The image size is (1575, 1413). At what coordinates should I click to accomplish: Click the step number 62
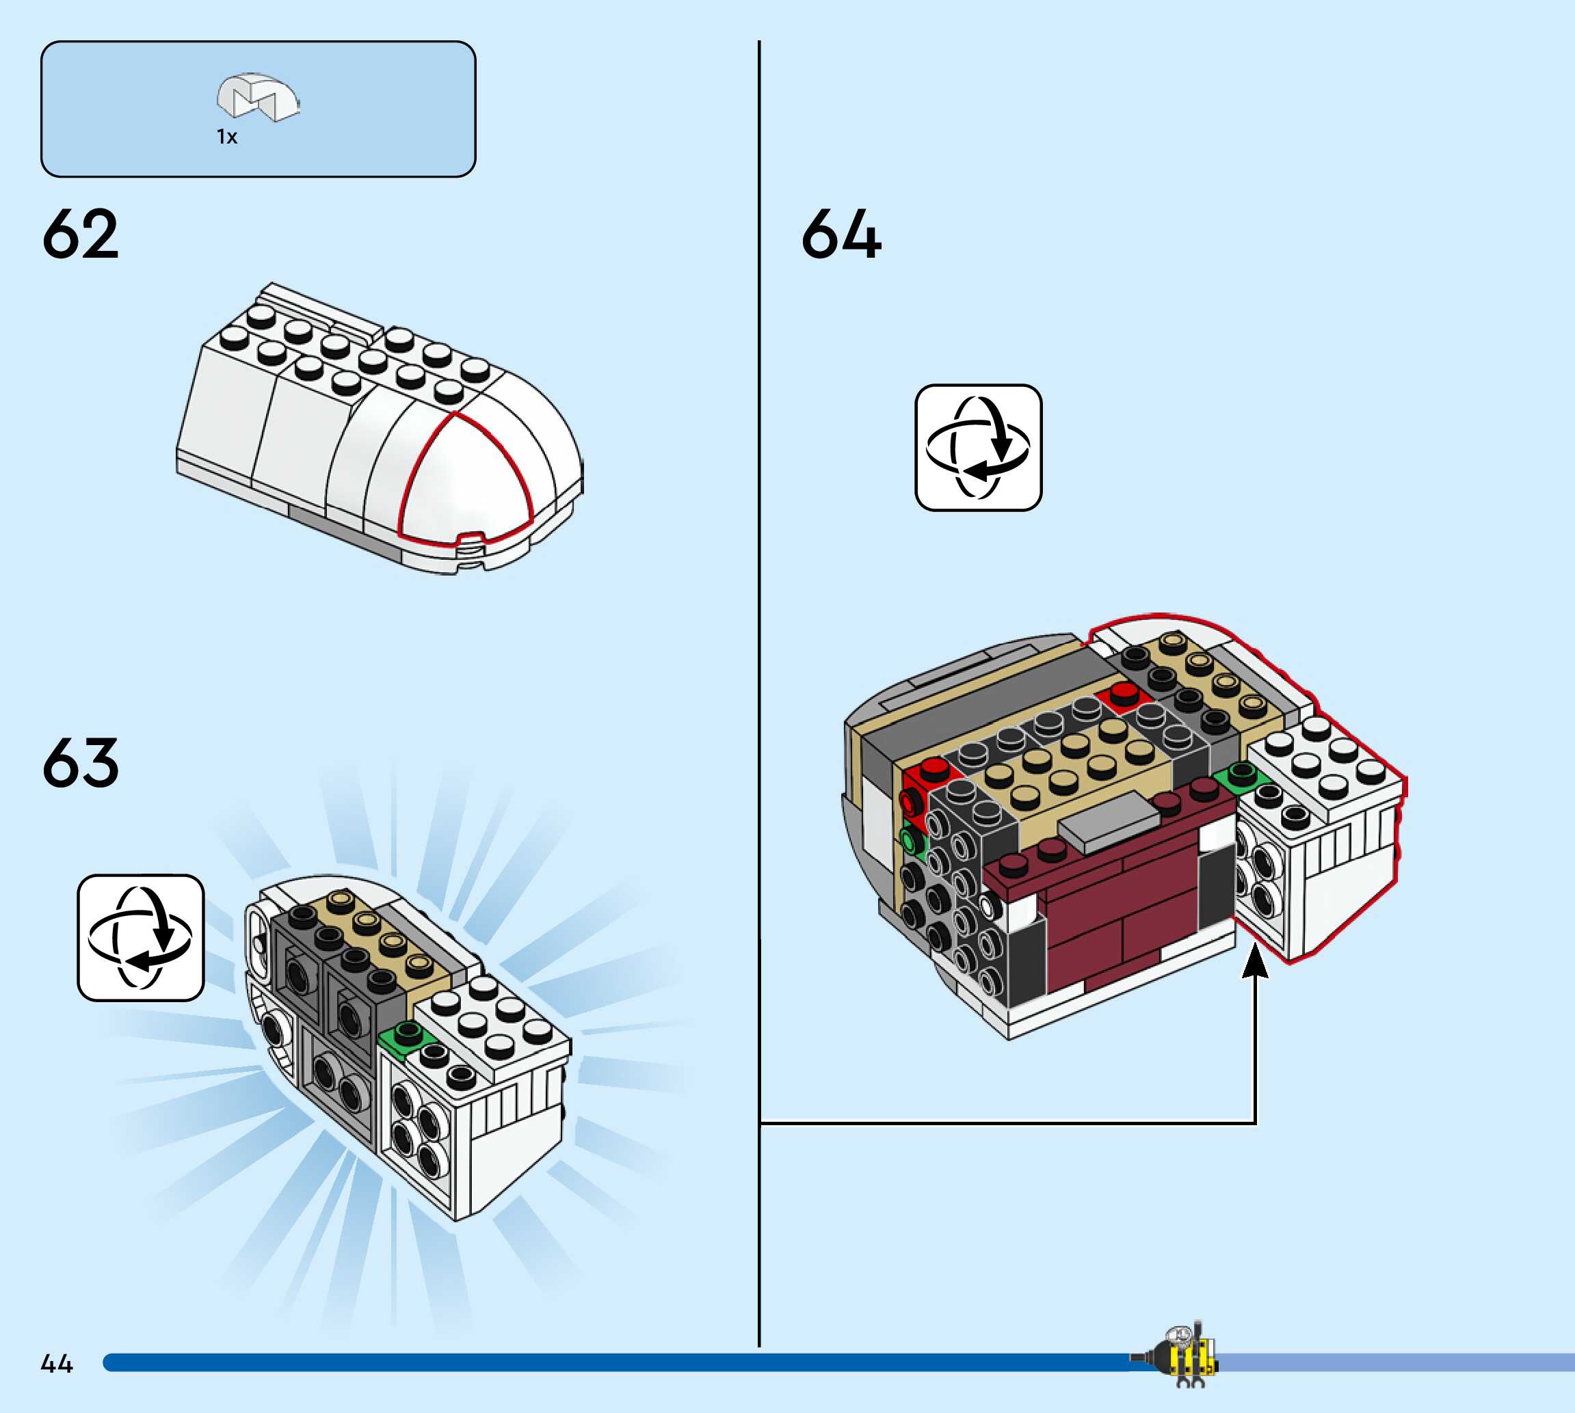point(81,234)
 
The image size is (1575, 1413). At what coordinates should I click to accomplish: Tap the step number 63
point(81,762)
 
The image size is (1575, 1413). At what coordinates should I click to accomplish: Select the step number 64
point(841,234)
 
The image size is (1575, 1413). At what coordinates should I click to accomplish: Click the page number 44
point(57,1363)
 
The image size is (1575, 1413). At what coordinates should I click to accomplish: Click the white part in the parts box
point(258,97)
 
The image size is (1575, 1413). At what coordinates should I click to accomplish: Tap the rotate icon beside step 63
point(141,938)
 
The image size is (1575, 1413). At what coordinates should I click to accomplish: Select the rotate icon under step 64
point(978,448)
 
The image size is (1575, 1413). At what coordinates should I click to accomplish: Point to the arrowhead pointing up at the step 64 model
point(1255,961)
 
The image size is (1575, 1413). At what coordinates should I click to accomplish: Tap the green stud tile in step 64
point(1241,775)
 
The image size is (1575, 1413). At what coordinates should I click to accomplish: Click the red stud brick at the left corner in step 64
point(930,770)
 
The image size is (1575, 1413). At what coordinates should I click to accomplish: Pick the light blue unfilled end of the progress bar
point(1398,1362)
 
